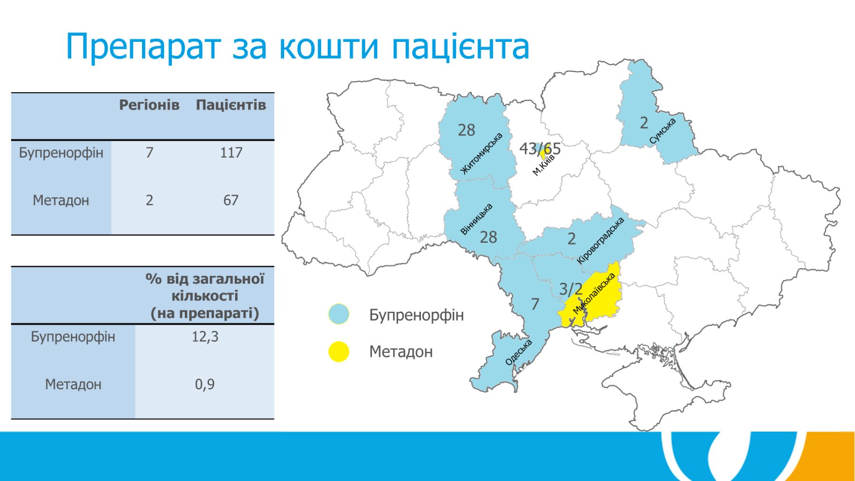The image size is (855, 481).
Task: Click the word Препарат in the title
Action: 143,47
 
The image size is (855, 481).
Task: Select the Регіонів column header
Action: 149,105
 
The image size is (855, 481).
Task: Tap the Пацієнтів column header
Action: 231,105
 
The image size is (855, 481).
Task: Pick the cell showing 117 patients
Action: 231,153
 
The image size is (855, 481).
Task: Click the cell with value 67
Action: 231,200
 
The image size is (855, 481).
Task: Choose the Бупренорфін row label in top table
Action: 61,153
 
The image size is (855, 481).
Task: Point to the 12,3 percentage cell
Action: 205,337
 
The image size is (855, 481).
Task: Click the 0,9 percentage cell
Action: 205,384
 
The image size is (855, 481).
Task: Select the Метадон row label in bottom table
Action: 73,384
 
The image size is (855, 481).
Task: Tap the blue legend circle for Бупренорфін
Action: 339,314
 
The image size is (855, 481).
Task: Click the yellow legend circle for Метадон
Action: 339,351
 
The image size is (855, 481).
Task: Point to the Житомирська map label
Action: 482,154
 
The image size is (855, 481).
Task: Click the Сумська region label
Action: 663,131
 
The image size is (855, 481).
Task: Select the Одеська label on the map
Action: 519,352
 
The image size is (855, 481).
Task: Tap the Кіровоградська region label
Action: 600,240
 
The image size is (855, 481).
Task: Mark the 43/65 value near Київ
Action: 540,149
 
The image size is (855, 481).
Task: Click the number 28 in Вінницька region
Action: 488,237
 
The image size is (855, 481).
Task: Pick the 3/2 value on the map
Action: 570,289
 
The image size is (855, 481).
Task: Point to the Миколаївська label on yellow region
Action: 594,293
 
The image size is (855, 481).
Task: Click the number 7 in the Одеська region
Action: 535,304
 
